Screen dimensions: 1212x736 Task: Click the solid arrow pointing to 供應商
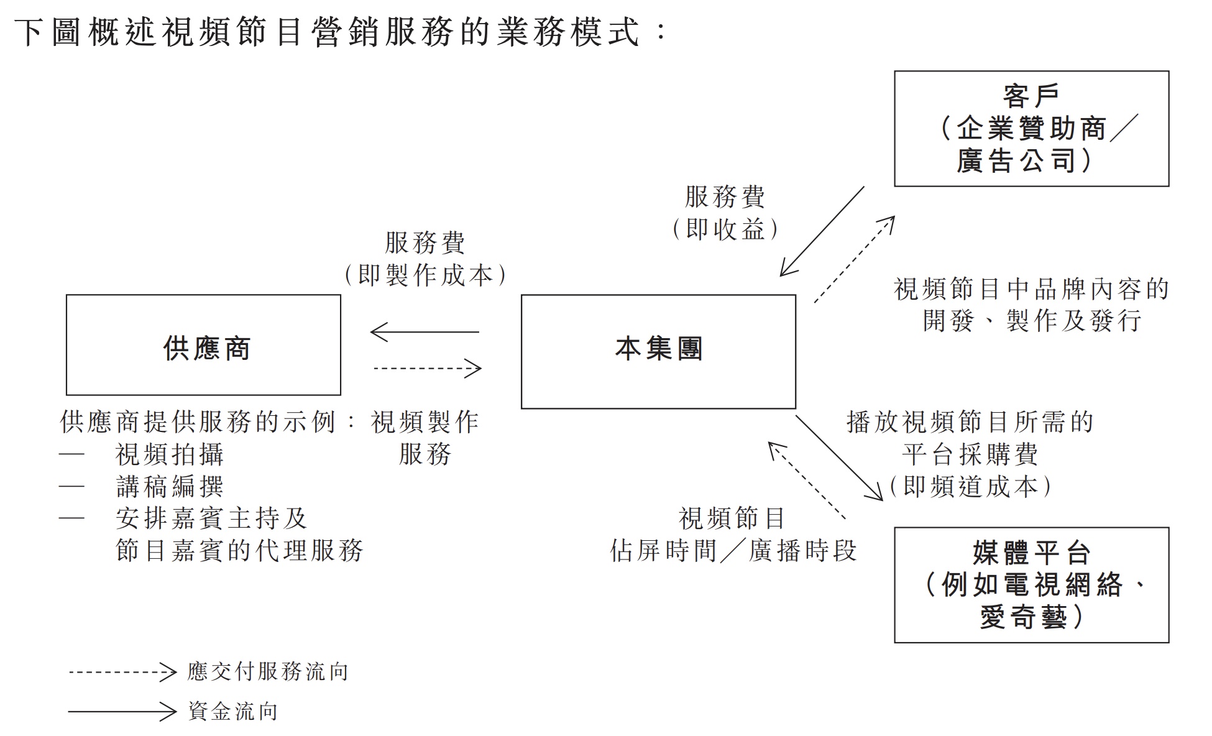click(425, 332)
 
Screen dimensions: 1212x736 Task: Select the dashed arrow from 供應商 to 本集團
click(428, 369)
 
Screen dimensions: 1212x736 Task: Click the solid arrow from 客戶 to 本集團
click(822, 231)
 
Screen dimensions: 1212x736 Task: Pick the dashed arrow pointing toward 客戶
click(855, 259)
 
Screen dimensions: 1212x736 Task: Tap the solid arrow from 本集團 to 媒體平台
click(839, 458)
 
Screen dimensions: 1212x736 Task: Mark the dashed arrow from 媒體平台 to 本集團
click(807, 480)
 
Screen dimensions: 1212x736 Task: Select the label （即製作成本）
click(425, 275)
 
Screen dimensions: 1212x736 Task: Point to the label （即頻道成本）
click(970, 487)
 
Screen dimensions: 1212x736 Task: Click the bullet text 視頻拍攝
click(170, 455)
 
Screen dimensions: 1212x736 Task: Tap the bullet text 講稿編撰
click(170, 487)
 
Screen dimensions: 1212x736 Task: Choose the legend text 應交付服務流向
click(268, 672)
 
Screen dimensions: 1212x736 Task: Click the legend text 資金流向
click(233, 712)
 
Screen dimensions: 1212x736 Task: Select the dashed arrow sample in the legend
click(123, 672)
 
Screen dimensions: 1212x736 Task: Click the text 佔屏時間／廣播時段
click(733, 551)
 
